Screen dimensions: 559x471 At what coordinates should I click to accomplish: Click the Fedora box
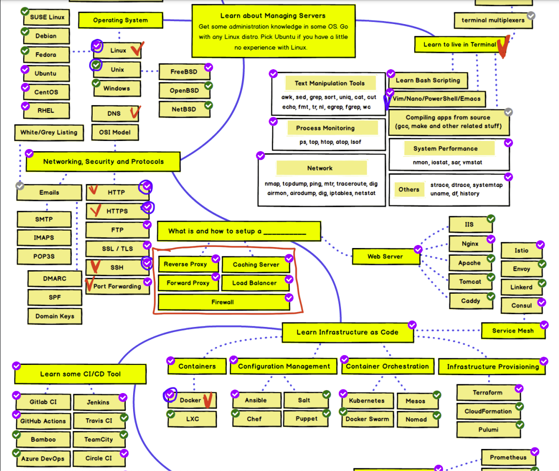(x=46, y=55)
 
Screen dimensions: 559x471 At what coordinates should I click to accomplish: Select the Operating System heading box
(x=120, y=21)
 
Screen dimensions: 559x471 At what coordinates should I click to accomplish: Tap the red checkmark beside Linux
(x=136, y=50)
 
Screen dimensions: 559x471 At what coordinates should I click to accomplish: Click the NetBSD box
(x=183, y=109)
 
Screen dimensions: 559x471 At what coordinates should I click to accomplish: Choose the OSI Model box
(x=115, y=132)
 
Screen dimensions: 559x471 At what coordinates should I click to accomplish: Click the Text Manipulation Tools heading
(x=330, y=83)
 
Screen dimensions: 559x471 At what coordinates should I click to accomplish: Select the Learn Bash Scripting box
(x=428, y=80)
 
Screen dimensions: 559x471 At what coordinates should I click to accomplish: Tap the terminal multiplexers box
(x=493, y=21)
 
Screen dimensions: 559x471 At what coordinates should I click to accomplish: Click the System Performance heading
(x=445, y=149)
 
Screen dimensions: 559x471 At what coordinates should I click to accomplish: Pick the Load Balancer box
(x=254, y=283)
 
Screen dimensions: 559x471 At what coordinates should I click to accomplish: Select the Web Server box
(x=385, y=256)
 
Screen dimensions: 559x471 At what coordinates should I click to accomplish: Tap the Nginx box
(x=470, y=244)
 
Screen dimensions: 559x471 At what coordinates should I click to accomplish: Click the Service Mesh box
(x=512, y=331)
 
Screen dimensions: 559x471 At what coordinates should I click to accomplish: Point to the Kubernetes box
(x=366, y=400)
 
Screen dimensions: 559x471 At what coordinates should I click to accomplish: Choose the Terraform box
(x=487, y=393)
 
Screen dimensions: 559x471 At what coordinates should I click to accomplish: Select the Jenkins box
(x=98, y=402)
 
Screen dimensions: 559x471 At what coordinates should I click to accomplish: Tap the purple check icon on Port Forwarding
(x=147, y=281)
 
